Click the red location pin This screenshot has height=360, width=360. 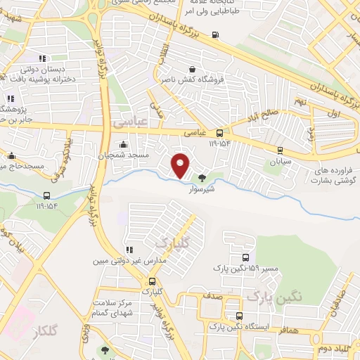pyautogui.click(x=181, y=165)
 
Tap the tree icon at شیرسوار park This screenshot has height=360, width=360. pyautogui.click(x=203, y=178)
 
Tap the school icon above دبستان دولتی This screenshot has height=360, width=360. pyautogui.click(x=41, y=58)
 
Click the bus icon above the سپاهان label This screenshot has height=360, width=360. pyautogui.click(x=281, y=150)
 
